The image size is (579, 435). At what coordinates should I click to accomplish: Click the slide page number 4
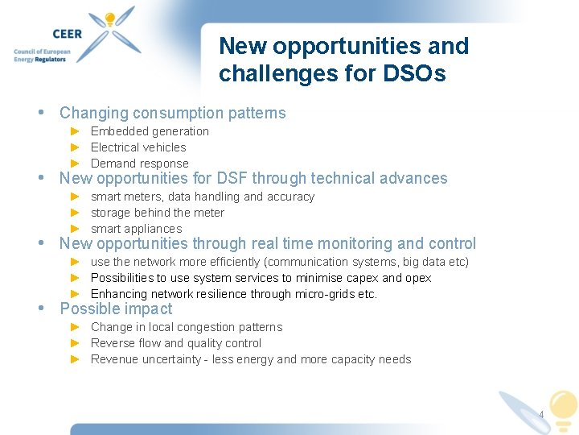pos(541,416)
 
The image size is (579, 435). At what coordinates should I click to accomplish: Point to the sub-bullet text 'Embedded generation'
pos(150,131)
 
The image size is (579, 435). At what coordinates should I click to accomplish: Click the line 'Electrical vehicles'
pos(138,147)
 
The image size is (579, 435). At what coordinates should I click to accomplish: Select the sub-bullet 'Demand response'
pos(139,164)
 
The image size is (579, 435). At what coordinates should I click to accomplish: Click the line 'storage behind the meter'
pos(158,213)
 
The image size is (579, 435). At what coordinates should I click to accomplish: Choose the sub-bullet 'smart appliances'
pos(137,229)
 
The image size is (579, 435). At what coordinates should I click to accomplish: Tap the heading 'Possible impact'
pos(116,309)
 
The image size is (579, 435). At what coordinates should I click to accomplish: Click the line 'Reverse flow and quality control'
pos(176,343)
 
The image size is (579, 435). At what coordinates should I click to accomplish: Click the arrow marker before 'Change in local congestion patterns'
pos(75,327)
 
